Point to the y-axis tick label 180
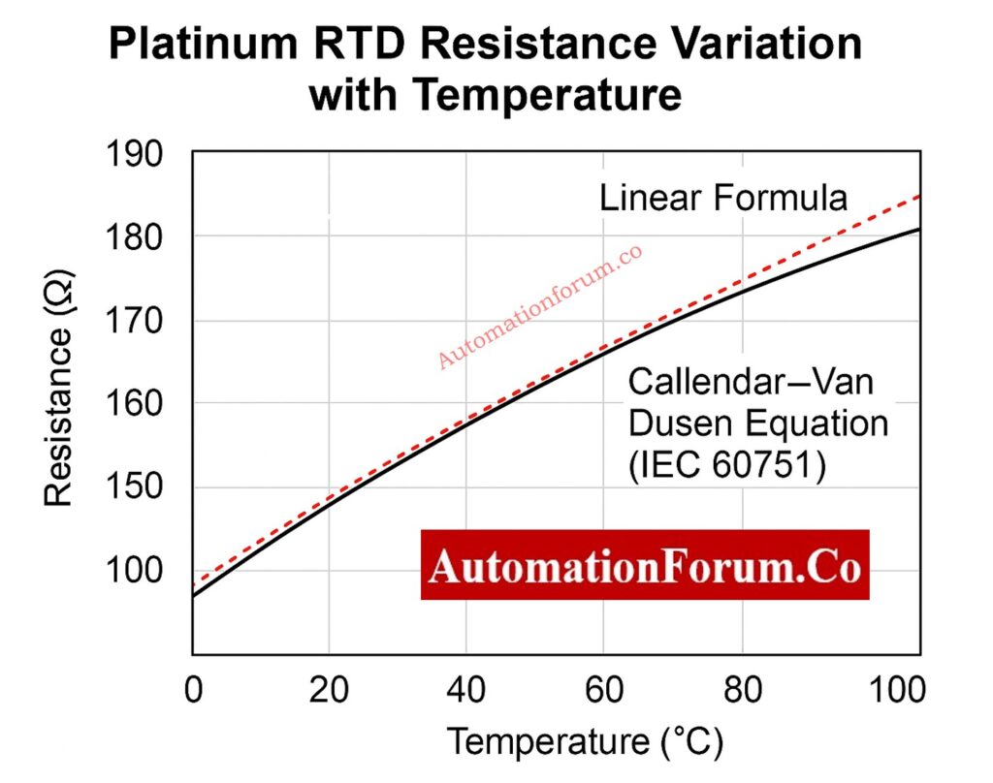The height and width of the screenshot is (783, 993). [135, 236]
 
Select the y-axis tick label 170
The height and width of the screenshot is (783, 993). [135, 321]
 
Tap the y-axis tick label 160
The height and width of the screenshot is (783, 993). [135, 404]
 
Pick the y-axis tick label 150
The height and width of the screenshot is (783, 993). [135, 487]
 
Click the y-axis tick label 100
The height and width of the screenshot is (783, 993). [135, 571]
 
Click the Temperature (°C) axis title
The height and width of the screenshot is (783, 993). [585, 743]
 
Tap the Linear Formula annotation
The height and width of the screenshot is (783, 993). [722, 199]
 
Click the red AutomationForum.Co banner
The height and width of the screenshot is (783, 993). [645, 566]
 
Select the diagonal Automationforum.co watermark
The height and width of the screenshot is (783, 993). [540, 307]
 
